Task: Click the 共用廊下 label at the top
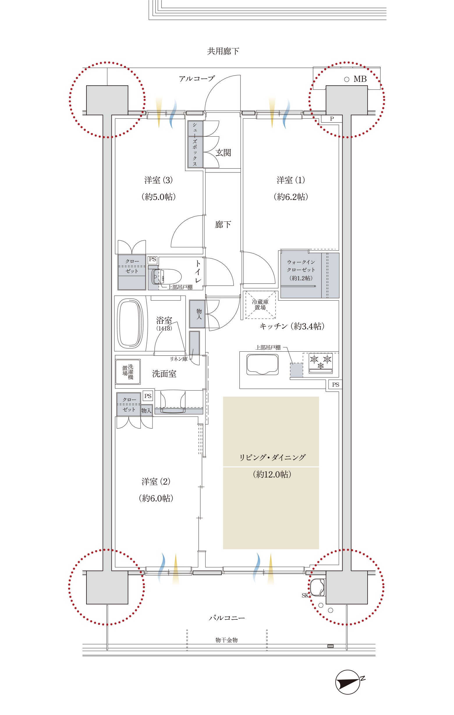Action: (x=223, y=51)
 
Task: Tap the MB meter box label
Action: (x=360, y=79)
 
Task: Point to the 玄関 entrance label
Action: (x=223, y=153)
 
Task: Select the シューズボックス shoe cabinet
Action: (x=195, y=144)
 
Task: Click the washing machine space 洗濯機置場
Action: (x=128, y=372)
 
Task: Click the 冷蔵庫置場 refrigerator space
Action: (x=260, y=305)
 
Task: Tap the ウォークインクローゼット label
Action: (x=301, y=266)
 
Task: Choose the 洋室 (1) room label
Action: (x=291, y=180)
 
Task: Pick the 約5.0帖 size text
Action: (x=159, y=197)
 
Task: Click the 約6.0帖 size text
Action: (x=156, y=498)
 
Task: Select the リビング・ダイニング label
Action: (x=272, y=457)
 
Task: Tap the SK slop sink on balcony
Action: (x=317, y=587)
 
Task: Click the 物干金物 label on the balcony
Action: (x=226, y=640)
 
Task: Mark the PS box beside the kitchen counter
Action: (x=335, y=385)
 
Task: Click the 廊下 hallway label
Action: (x=223, y=224)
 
